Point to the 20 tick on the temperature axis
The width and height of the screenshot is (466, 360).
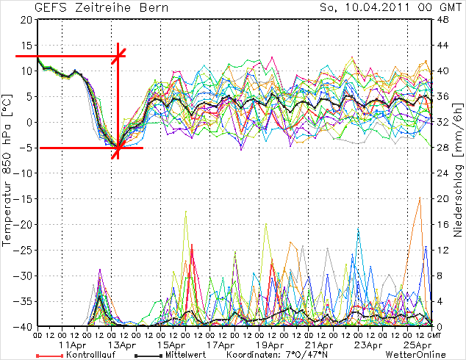coord(26,20)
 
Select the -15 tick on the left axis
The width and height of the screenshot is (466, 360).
coord(24,198)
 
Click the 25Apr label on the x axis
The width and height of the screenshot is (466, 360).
coord(417,344)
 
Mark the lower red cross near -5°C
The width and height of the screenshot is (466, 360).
coord(118,149)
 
